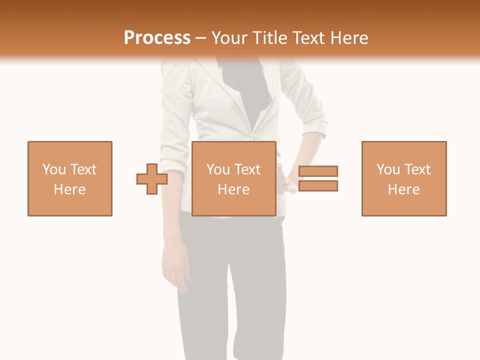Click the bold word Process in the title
coord(157,38)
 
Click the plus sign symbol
coord(152,178)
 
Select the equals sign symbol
coord(318,178)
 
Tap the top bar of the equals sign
coord(318,171)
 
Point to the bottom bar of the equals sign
coord(318,185)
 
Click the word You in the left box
coord(54,169)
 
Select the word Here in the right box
coord(404,189)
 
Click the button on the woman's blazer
coord(254,136)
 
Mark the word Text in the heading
coord(307,38)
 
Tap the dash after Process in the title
coord(201,38)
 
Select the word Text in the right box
coord(418,169)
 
